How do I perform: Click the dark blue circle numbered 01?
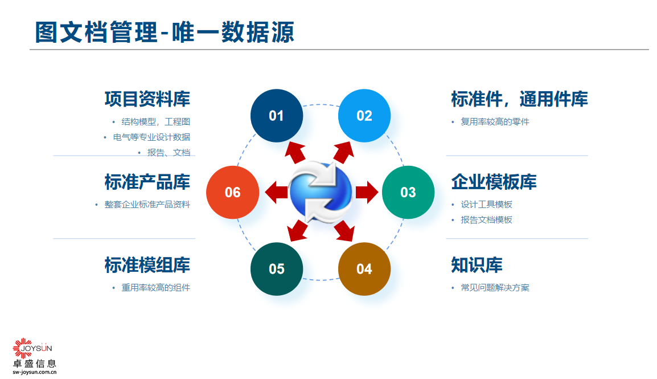pos(277,116)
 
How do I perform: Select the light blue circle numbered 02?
pos(364,116)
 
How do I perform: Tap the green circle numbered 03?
pos(408,192)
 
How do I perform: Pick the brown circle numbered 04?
pos(364,268)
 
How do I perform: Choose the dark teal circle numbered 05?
pos(277,268)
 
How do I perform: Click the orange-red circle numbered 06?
pos(232,192)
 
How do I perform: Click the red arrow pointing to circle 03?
pos(367,192)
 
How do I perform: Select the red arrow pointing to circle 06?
pos(276,192)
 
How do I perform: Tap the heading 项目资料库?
pos(147,99)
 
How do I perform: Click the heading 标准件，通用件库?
pos(519,99)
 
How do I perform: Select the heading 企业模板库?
pos(494,182)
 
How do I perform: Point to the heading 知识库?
pos(477,265)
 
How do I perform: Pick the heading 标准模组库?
pos(147,265)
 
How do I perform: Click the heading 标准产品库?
pos(147,182)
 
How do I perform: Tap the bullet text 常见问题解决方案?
pos(495,288)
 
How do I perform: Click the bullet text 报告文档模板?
pos(486,220)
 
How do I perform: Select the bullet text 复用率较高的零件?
pos(495,121)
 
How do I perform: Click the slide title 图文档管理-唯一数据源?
pos(165,32)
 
